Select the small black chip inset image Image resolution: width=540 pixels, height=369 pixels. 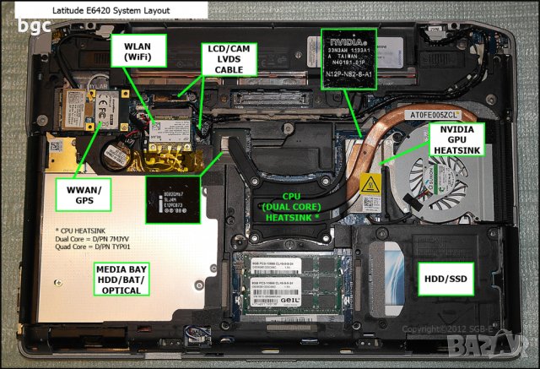172,199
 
